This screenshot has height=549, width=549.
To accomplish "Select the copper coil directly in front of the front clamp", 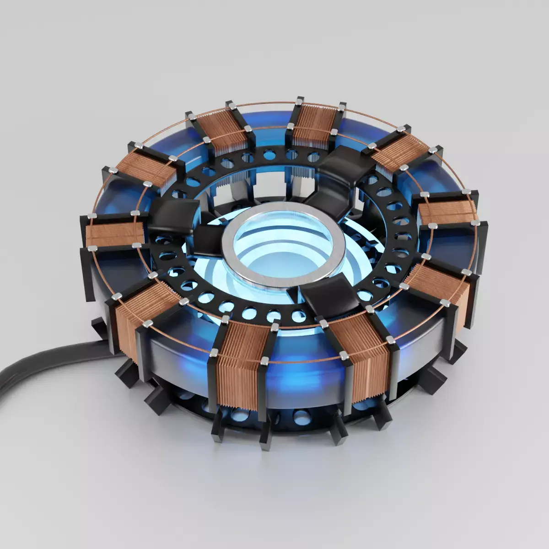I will point(361,361).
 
